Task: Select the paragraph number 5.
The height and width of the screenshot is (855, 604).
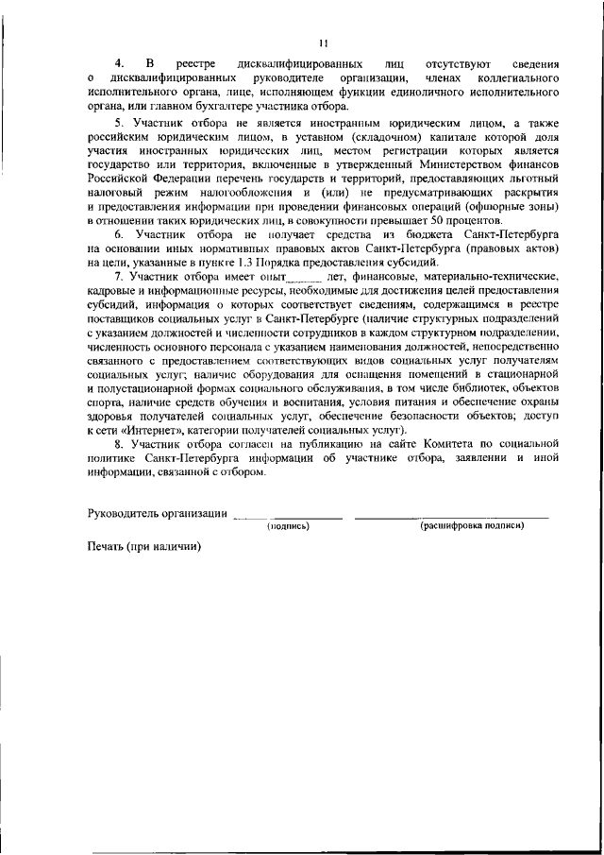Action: [x=118, y=123]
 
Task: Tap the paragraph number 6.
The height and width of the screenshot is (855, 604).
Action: [x=118, y=232]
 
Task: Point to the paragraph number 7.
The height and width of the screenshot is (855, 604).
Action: [x=118, y=275]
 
